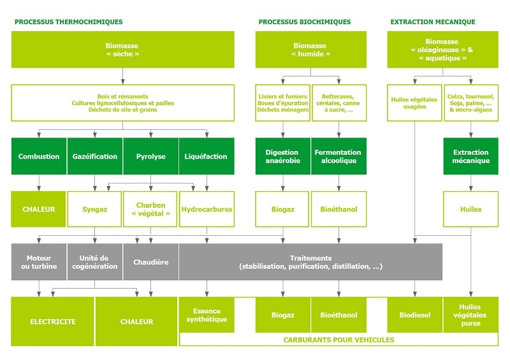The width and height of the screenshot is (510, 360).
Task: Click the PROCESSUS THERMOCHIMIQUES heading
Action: click(68, 22)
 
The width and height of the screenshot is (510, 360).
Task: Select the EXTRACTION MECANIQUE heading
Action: click(432, 22)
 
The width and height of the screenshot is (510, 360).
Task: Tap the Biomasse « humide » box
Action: click(310, 50)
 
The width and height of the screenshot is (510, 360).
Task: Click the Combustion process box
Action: click(39, 156)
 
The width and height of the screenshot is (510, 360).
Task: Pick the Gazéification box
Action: click(95, 156)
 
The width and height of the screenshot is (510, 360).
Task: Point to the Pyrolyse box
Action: click(151, 156)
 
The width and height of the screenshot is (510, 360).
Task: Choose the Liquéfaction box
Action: click(207, 156)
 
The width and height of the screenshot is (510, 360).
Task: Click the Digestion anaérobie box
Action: click(282, 156)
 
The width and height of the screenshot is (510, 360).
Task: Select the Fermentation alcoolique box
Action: click(339, 156)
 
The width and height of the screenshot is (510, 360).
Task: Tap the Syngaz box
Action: click(95, 209)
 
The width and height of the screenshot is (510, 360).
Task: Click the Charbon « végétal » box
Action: click(151, 209)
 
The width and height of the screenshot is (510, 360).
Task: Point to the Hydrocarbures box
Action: click(207, 209)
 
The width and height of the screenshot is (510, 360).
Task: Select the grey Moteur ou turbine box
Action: click(39, 262)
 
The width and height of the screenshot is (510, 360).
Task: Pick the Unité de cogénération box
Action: click(95, 262)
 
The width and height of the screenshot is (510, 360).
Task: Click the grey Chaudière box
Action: click(151, 262)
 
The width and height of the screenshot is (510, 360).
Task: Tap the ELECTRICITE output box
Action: click(53, 321)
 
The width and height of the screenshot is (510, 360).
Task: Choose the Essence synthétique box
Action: click(207, 315)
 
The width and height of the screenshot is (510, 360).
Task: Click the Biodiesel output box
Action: click(414, 315)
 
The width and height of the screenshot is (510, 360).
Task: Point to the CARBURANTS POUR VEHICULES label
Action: click(339, 340)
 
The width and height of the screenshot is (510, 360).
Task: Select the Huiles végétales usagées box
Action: click(414, 103)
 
